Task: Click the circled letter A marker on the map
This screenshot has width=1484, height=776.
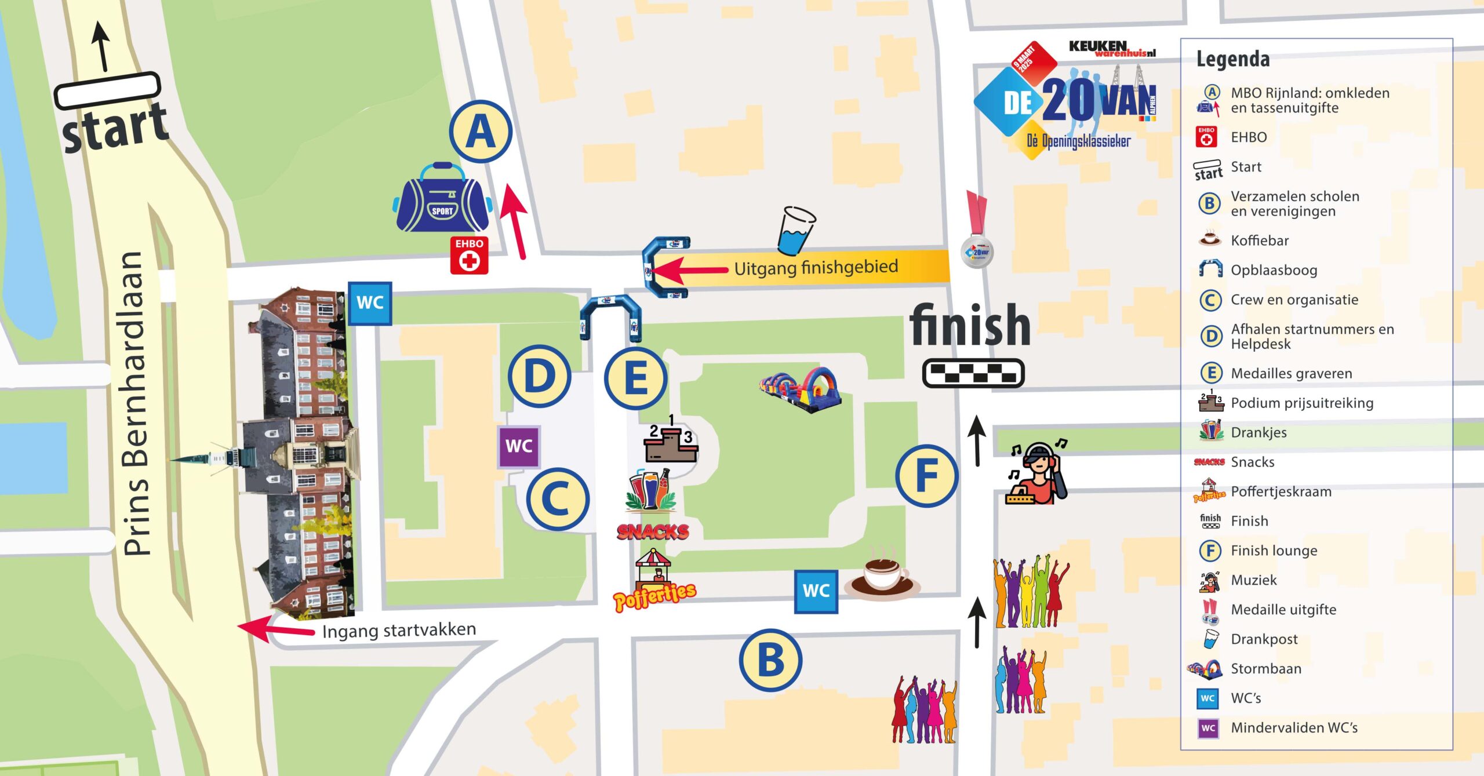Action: pyautogui.click(x=481, y=132)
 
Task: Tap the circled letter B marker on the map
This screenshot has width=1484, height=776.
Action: pyautogui.click(x=770, y=660)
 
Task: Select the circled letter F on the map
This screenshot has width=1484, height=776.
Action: pyautogui.click(x=926, y=476)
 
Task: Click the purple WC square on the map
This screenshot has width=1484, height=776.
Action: pyautogui.click(x=519, y=446)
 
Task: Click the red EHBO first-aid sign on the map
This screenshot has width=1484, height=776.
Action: pyautogui.click(x=469, y=254)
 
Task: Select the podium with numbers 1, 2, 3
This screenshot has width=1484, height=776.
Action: pyautogui.click(x=671, y=440)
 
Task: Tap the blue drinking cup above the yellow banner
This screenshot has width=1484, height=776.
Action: pyautogui.click(x=796, y=231)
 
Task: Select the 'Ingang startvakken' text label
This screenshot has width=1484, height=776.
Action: pyautogui.click(x=399, y=630)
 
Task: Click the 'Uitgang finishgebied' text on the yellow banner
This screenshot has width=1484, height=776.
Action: pyautogui.click(x=816, y=268)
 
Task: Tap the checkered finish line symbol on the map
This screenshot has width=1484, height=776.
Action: pyautogui.click(x=973, y=373)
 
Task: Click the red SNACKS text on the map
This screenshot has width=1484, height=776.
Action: pyautogui.click(x=653, y=531)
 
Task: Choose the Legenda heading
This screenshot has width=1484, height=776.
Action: pyautogui.click(x=1232, y=59)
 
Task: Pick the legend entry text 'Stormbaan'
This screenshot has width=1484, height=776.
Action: pyautogui.click(x=1265, y=669)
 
